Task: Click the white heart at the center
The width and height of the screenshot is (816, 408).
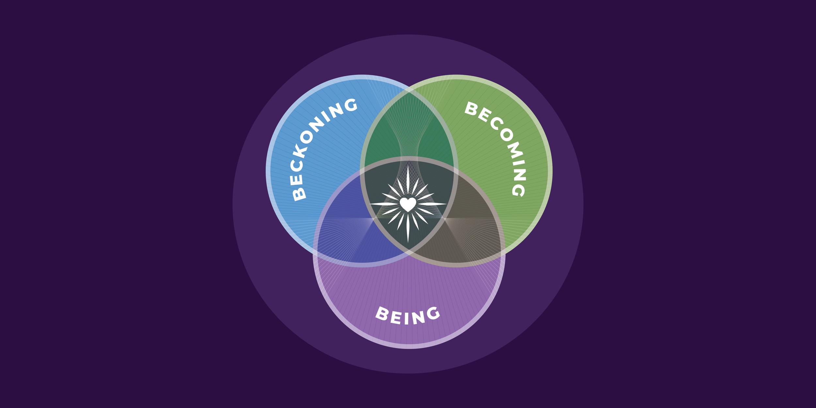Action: click(408, 204)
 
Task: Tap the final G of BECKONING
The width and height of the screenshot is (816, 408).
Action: click(351, 105)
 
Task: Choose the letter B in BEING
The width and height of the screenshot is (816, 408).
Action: click(382, 314)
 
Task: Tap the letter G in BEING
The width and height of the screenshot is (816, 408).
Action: click(433, 313)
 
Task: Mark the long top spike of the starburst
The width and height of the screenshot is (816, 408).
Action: click(408, 180)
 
